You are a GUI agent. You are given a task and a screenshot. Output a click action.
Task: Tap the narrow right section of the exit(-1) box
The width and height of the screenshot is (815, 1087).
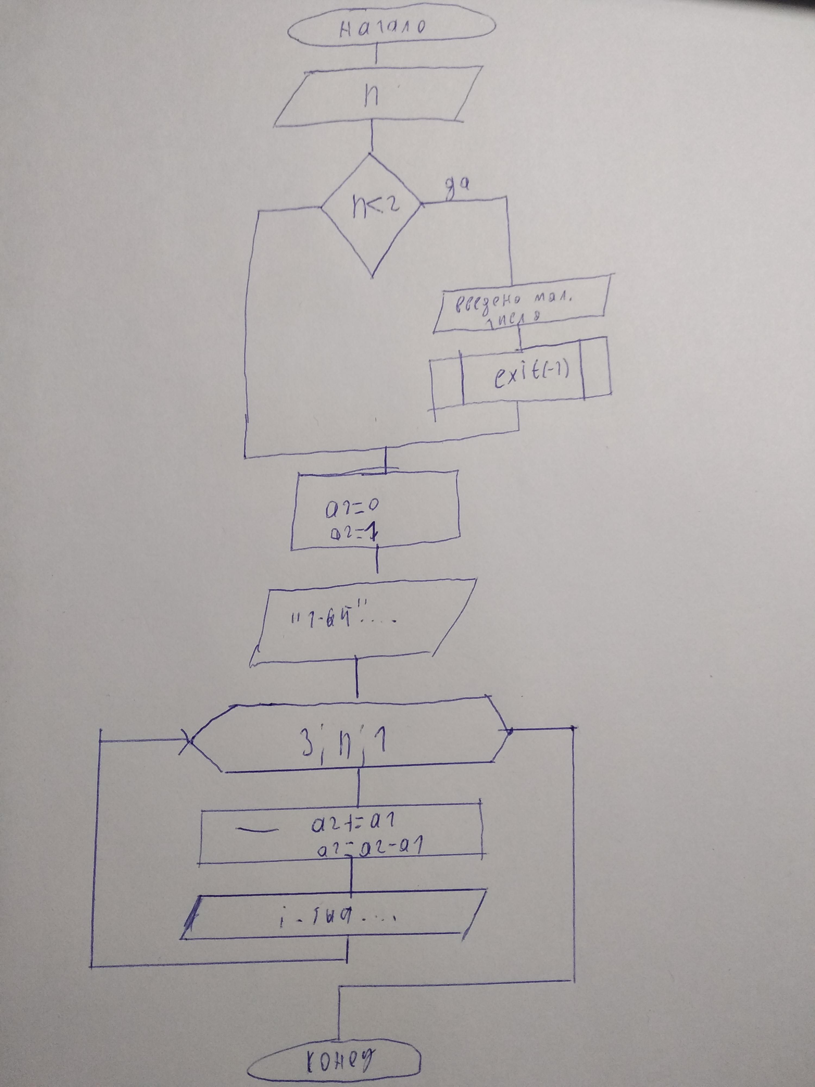596,368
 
